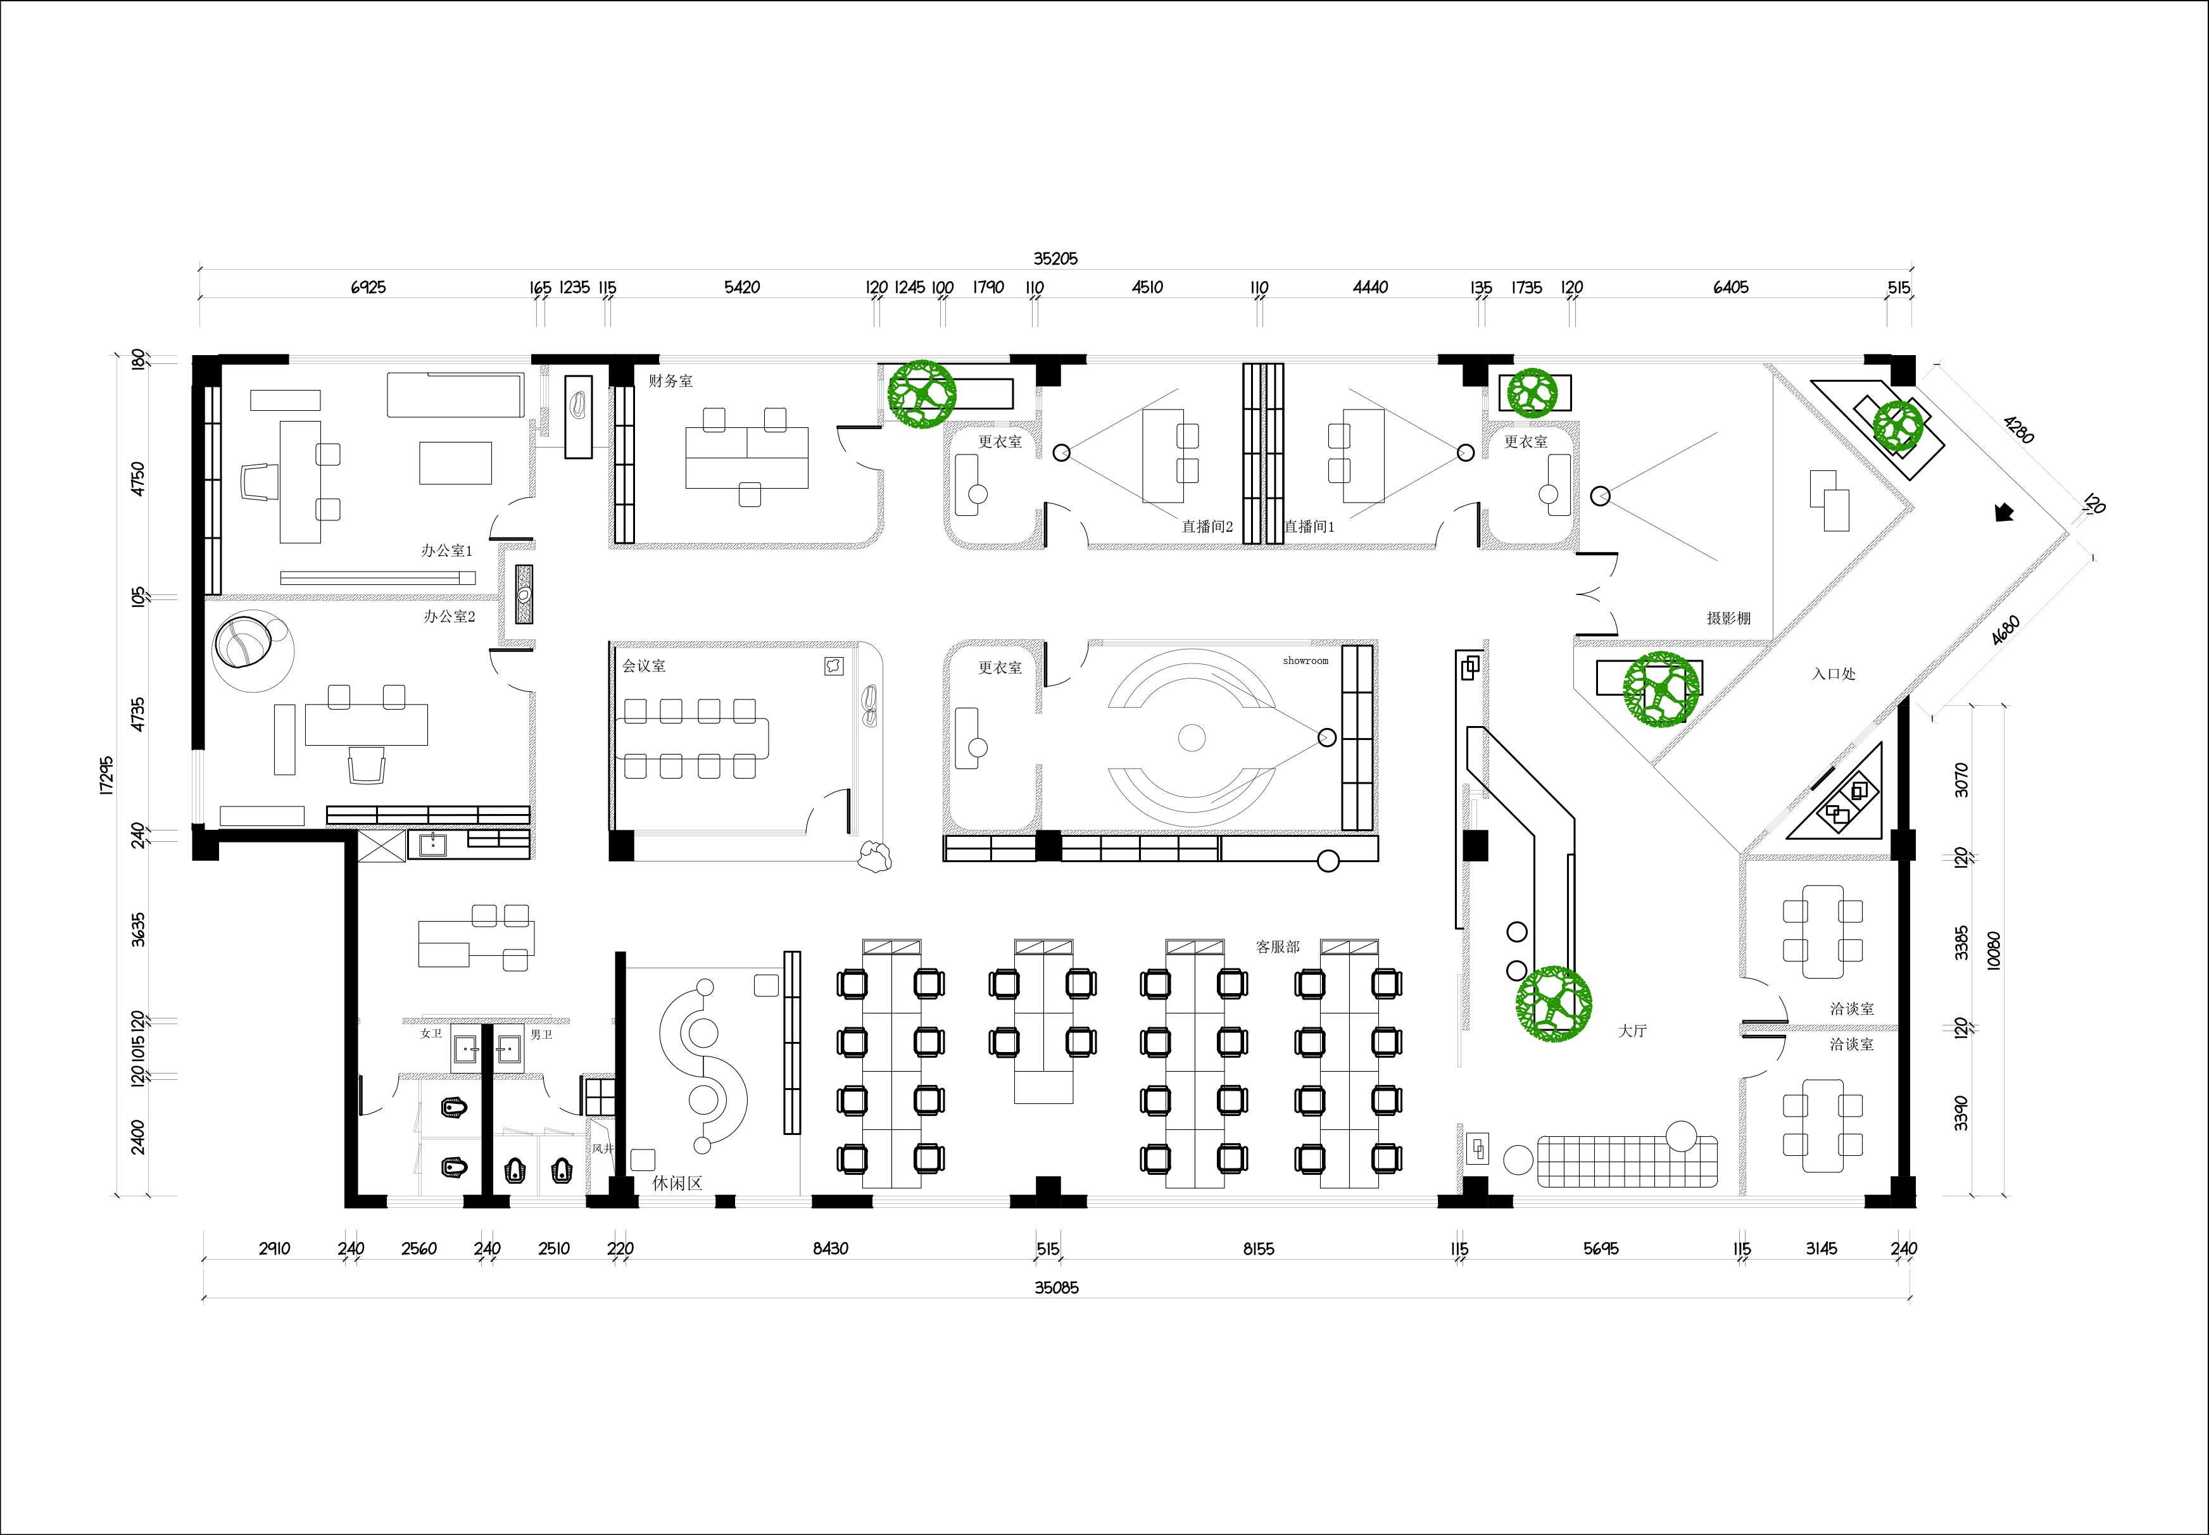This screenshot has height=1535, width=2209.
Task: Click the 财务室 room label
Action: pyautogui.click(x=670, y=381)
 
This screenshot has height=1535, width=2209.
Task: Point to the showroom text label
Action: pyautogui.click(x=1305, y=661)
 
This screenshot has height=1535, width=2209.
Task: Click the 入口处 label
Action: pyautogui.click(x=1833, y=674)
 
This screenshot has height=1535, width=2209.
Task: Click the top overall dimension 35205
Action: pyautogui.click(x=1055, y=259)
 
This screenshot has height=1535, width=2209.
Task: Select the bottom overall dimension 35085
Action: pyautogui.click(x=1057, y=1288)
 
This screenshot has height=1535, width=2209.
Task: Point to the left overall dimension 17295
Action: pyautogui.click(x=107, y=775)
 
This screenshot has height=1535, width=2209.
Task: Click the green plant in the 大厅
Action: pyautogui.click(x=1553, y=1004)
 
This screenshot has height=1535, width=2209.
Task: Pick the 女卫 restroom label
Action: pyautogui.click(x=431, y=1033)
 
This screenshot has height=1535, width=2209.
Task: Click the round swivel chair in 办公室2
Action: pyautogui.click(x=245, y=641)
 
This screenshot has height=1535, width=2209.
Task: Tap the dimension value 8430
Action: pyautogui.click(x=830, y=1248)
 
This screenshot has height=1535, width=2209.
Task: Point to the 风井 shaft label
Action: pyautogui.click(x=602, y=1148)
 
